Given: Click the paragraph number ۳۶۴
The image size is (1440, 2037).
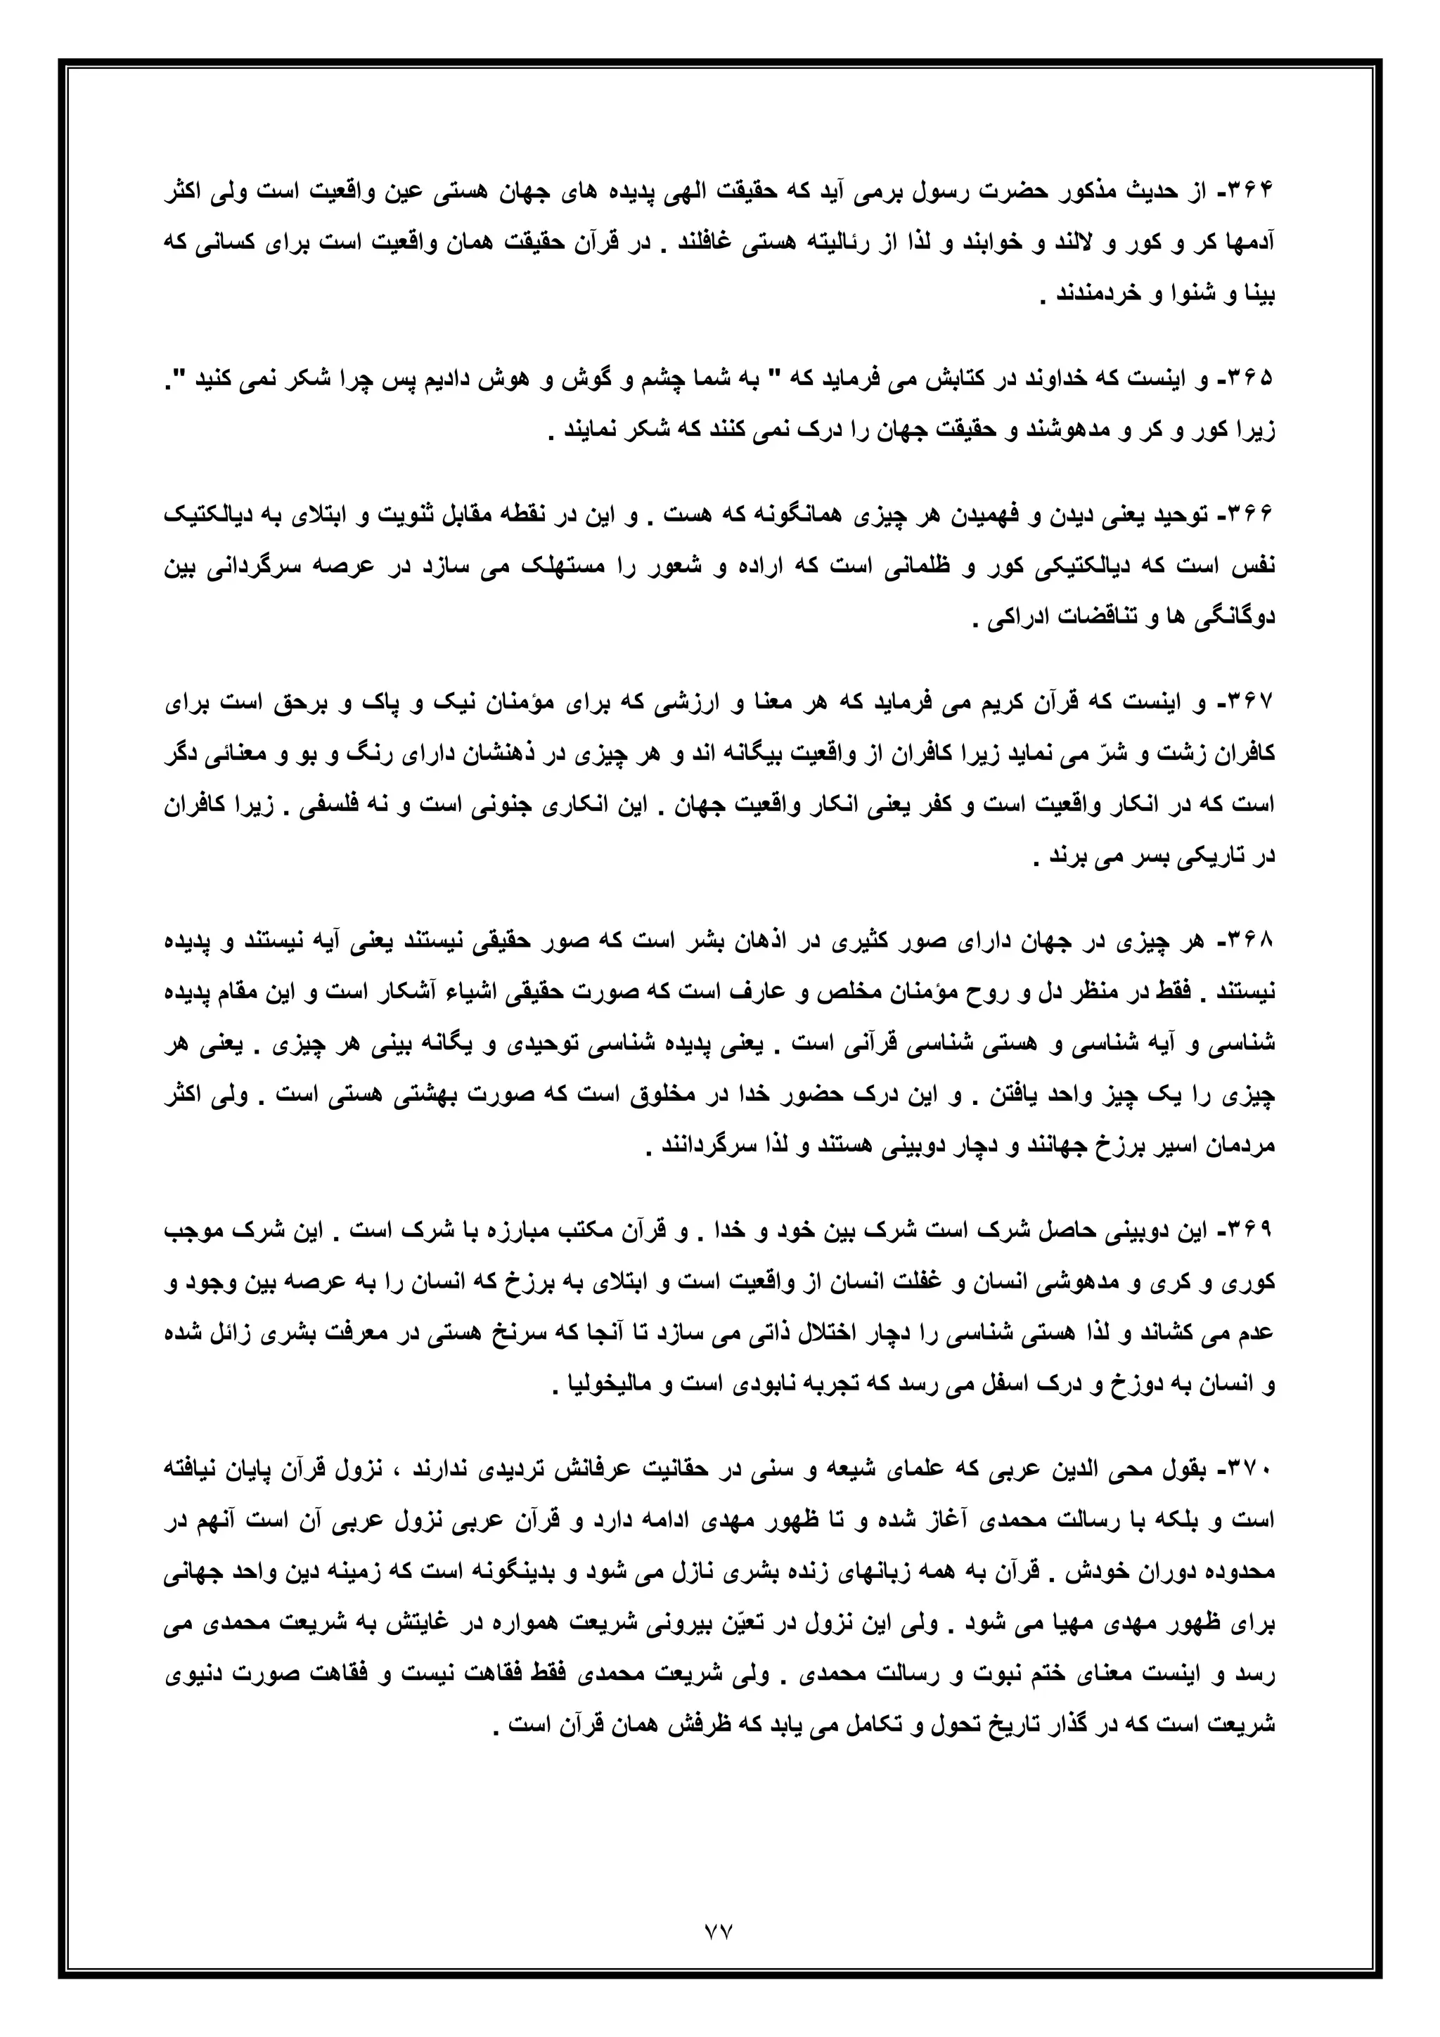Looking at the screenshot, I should click(x=1256, y=193).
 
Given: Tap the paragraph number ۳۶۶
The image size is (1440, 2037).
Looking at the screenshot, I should click(x=1256, y=515).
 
